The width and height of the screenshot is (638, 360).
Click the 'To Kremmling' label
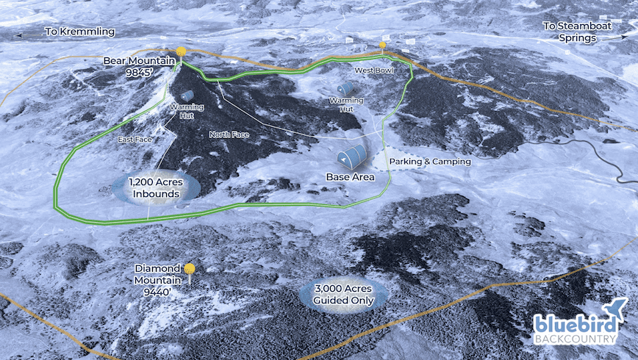79,32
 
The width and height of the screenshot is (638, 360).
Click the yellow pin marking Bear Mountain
180,52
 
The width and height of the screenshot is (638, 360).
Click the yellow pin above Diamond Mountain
190,270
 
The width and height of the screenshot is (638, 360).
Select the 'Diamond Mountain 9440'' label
157,279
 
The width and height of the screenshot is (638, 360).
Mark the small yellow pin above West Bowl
382,46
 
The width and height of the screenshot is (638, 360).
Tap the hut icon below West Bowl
345,88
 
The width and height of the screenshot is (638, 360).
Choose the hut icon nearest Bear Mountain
187,96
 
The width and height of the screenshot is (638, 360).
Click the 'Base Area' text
351,177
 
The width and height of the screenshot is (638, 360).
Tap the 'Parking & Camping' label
432,161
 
